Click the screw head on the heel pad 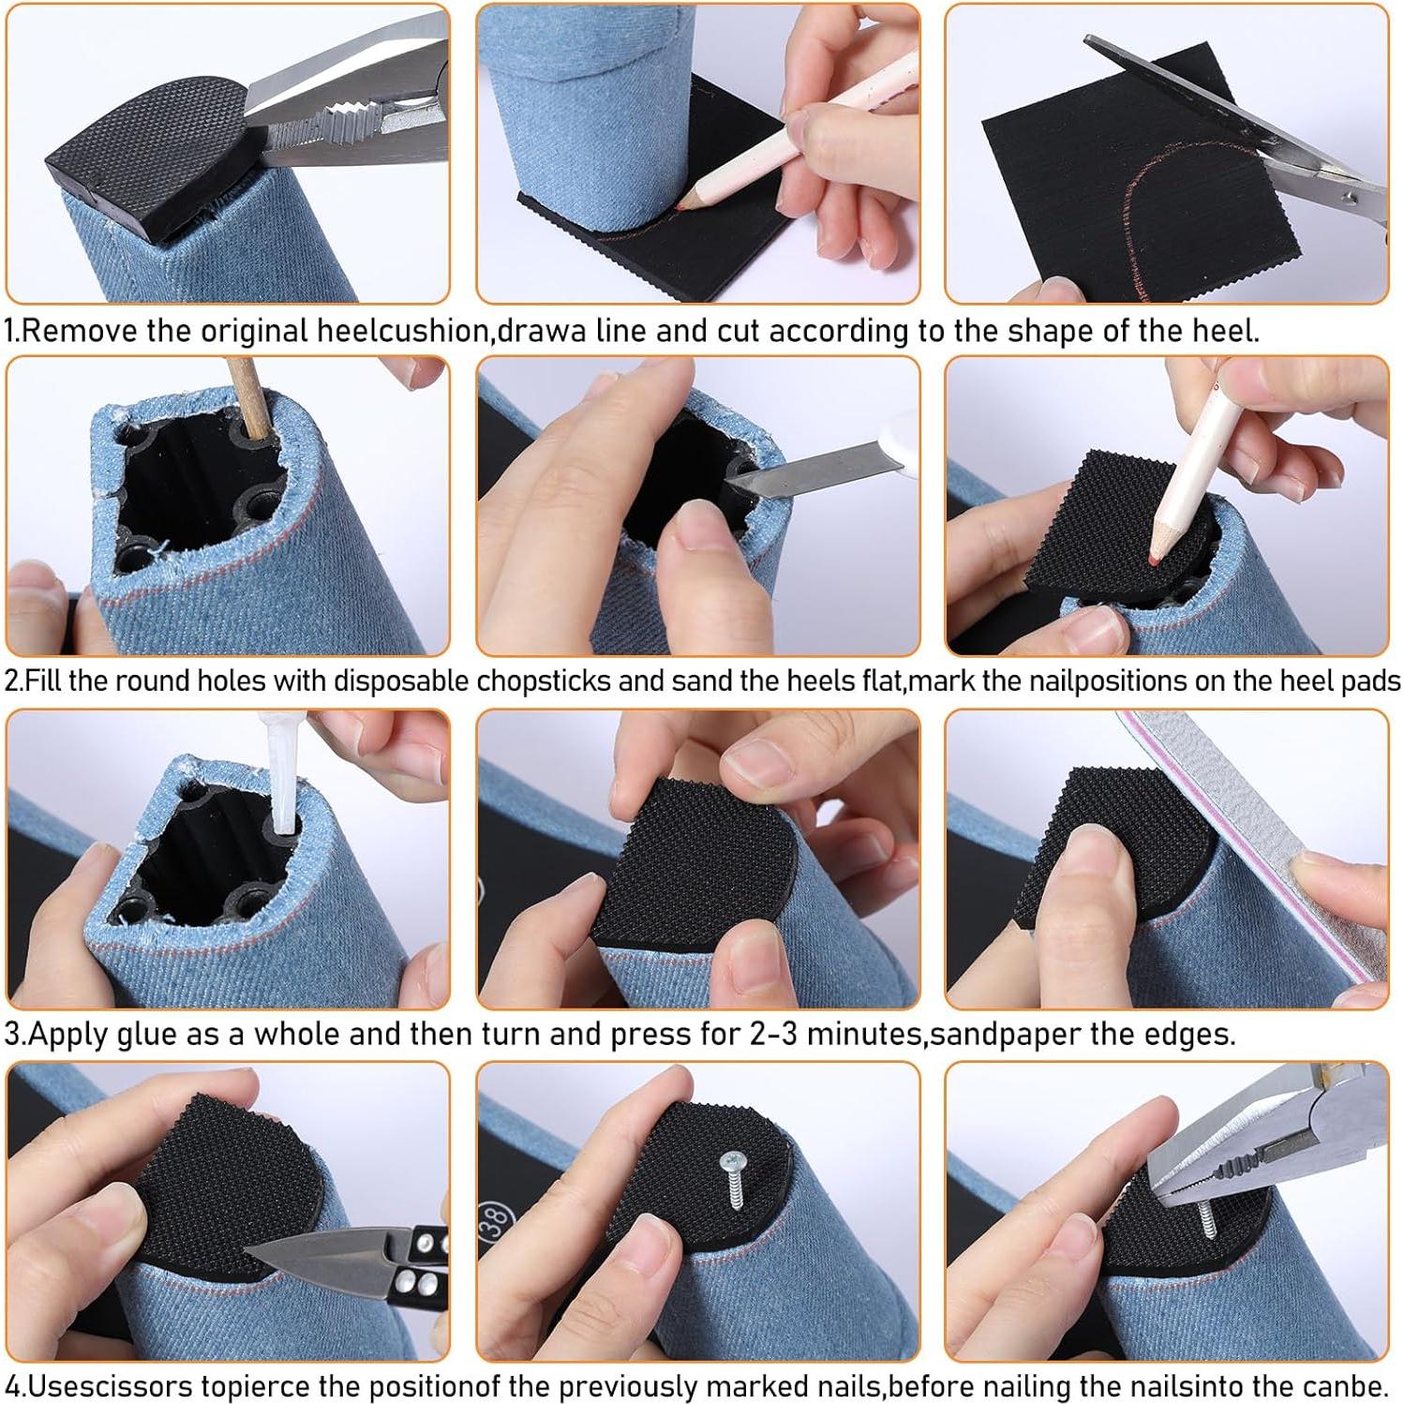coord(731,1162)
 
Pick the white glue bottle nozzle coord(283,778)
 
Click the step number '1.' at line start coord(12,331)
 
